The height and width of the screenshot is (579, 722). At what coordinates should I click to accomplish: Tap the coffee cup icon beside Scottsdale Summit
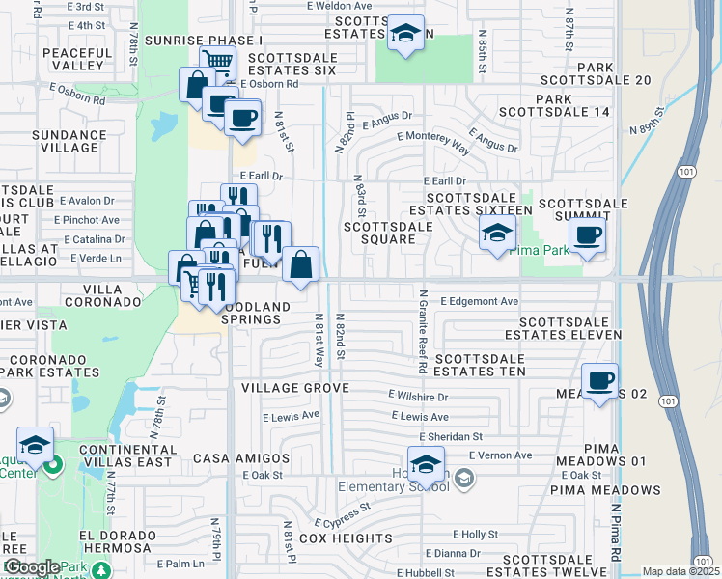point(586,235)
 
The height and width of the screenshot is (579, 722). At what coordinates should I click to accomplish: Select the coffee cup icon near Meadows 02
point(599,380)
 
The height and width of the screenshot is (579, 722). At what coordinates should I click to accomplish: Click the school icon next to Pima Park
point(497,233)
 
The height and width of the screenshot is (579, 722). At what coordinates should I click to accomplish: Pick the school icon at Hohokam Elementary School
point(426,465)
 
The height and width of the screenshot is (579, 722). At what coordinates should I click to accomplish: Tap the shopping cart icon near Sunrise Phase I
point(219,62)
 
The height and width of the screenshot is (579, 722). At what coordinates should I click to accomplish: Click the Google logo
point(32,567)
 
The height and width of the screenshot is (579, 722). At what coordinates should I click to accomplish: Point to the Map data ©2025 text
point(680,571)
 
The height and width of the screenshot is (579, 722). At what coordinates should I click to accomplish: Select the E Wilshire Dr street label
point(419,396)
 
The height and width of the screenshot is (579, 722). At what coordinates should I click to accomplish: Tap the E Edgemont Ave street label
point(480,301)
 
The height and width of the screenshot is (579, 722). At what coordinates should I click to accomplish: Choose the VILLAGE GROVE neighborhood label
point(287,387)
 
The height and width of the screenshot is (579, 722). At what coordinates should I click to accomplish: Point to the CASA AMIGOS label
point(241,457)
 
